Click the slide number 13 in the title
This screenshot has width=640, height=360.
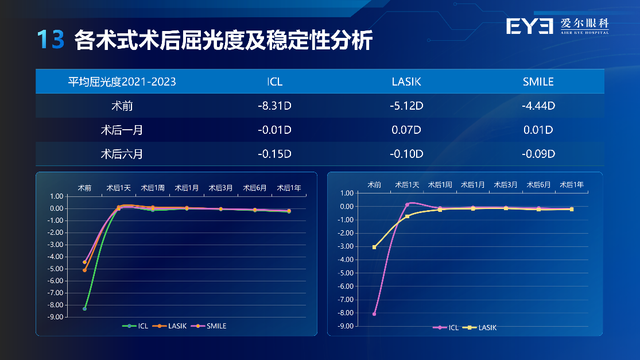tap(51, 40)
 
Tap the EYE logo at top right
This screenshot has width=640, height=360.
tap(529, 26)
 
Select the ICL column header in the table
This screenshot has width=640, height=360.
tap(275, 82)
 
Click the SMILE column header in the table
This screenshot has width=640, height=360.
tap(538, 82)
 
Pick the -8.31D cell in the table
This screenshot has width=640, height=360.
tap(275, 106)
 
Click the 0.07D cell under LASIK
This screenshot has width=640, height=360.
tap(406, 130)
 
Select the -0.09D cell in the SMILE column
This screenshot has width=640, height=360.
tap(538, 154)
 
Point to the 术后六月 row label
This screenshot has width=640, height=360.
tap(122, 154)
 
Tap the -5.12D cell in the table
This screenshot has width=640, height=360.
tap(406, 106)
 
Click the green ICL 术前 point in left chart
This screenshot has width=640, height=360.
tap(84, 308)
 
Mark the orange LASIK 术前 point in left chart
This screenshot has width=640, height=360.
tap(84, 270)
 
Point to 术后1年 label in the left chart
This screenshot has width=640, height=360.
tap(289, 188)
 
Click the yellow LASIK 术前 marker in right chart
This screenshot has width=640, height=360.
tap(374, 247)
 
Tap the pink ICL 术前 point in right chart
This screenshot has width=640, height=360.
tap(374, 314)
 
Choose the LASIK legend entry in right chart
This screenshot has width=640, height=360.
tap(480, 327)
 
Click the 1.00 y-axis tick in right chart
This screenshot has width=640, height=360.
tap(347, 193)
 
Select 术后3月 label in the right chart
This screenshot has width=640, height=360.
tap(506, 184)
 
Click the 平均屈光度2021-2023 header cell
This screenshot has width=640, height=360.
tap(122, 82)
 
